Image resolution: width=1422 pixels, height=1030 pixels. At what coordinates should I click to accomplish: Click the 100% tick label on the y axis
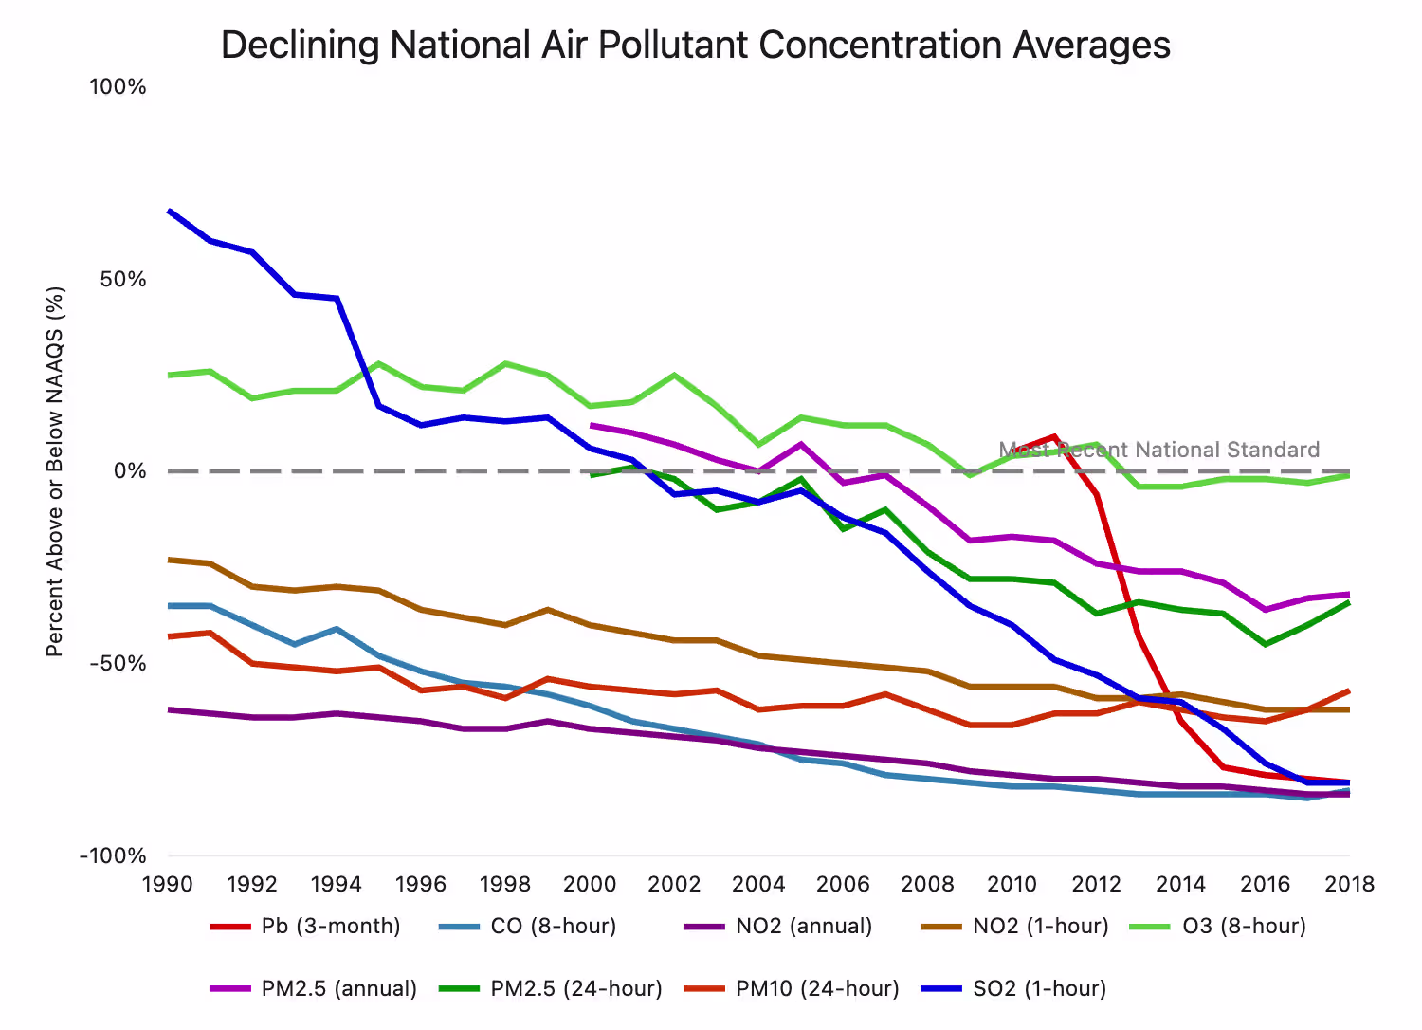(x=118, y=87)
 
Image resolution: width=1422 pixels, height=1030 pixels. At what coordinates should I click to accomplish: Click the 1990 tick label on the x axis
(x=168, y=885)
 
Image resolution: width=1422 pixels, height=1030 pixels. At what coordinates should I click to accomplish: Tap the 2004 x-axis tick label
(x=758, y=885)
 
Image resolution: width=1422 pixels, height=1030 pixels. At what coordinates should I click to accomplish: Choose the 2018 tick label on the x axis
(x=1349, y=885)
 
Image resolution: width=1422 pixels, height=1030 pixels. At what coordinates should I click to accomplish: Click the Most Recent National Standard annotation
(x=1158, y=451)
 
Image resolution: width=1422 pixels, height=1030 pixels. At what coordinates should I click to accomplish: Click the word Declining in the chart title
(x=300, y=46)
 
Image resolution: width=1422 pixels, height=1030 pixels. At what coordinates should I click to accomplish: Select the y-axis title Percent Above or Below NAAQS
(x=55, y=471)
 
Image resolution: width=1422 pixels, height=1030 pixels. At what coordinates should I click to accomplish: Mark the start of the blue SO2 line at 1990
(x=169, y=211)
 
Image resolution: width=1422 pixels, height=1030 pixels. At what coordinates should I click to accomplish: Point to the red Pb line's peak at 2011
(x=1053, y=437)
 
